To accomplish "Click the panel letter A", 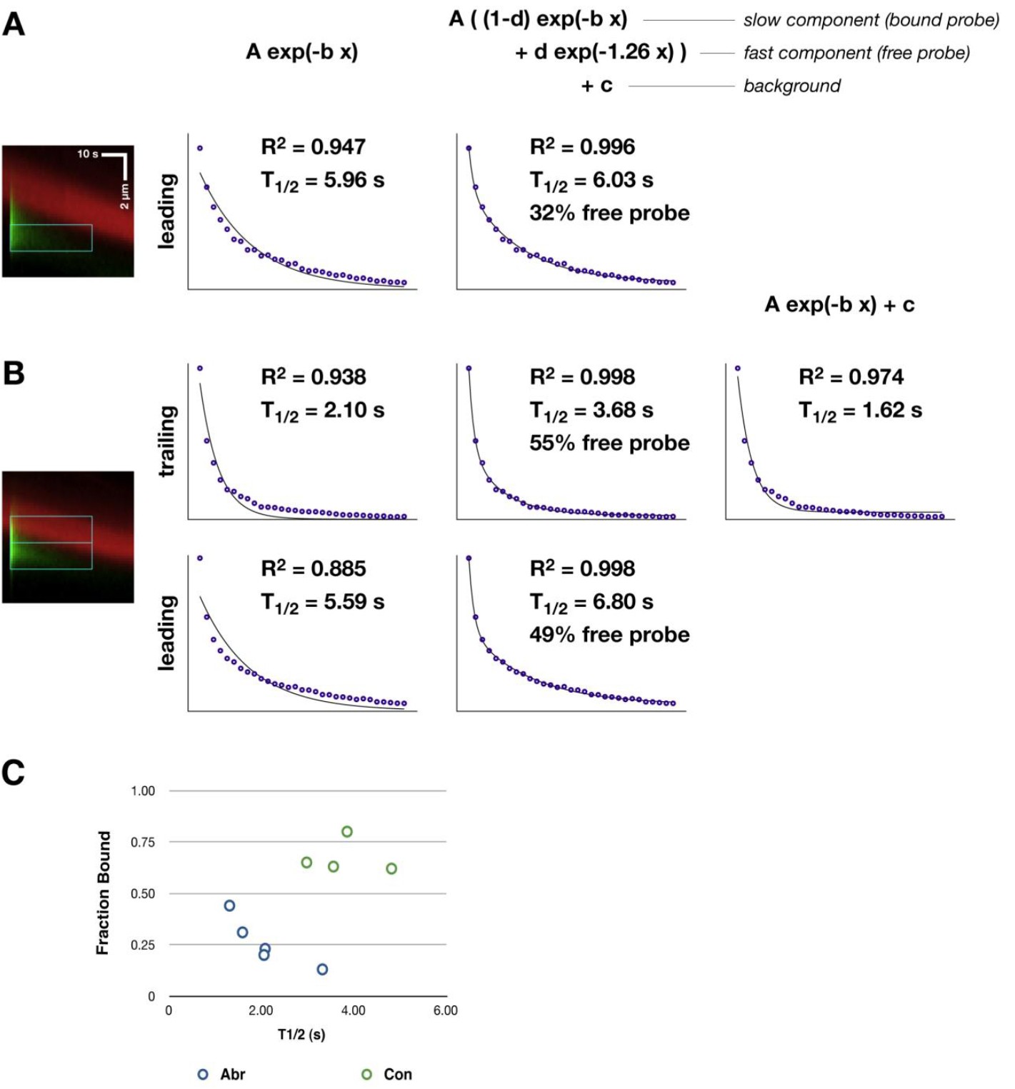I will point(14,25).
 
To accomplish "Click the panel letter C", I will point(13,773).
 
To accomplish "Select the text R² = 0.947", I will point(313,147).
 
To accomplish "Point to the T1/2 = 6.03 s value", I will point(591,181).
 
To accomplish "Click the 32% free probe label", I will point(609,213).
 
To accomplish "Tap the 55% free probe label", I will point(609,443).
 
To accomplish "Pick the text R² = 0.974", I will point(851,376).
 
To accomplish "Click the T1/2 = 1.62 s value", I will point(859,411).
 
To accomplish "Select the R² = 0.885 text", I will point(313,568).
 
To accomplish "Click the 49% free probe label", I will point(609,634).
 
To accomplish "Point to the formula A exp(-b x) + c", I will point(839,305).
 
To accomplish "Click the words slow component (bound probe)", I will point(871,20).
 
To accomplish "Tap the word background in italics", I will point(791,86).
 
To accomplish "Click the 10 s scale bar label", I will point(87,154).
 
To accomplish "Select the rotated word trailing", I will point(166,441).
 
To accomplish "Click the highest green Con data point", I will point(347,831).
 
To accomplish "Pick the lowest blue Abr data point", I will point(322,969).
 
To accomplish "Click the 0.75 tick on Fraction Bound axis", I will point(143,843).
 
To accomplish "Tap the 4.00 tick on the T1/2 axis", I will point(353,1010).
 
